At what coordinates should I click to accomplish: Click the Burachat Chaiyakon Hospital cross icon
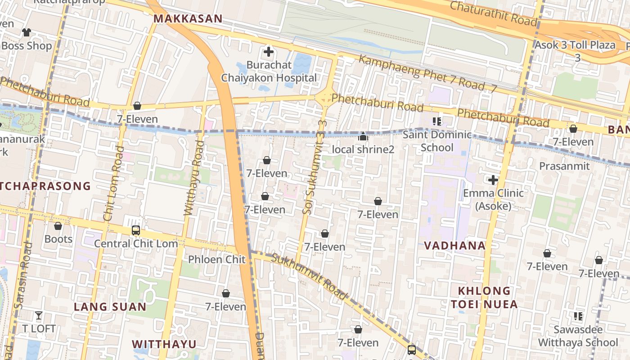point(269,52)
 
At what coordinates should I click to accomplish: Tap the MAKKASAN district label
point(188,18)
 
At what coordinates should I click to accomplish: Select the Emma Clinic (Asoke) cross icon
point(493,180)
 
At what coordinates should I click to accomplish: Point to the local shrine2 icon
point(363,136)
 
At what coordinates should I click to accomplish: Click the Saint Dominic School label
point(436,141)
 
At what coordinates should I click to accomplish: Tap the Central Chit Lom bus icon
point(135,230)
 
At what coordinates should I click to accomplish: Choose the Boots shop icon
point(58,226)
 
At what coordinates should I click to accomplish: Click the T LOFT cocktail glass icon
point(39,315)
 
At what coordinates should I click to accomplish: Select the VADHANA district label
point(455,246)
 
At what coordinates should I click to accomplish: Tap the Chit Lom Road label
point(114,183)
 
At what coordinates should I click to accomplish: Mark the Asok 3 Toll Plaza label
point(575,50)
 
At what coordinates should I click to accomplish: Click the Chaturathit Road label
point(493,13)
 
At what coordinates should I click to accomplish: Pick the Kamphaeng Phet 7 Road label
point(427,74)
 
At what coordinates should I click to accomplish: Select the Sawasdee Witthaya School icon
point(578,316)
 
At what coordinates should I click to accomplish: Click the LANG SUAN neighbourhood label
point(110,307)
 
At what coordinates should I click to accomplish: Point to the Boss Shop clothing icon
point(27,32)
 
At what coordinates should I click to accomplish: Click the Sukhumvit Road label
point(310,276)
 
